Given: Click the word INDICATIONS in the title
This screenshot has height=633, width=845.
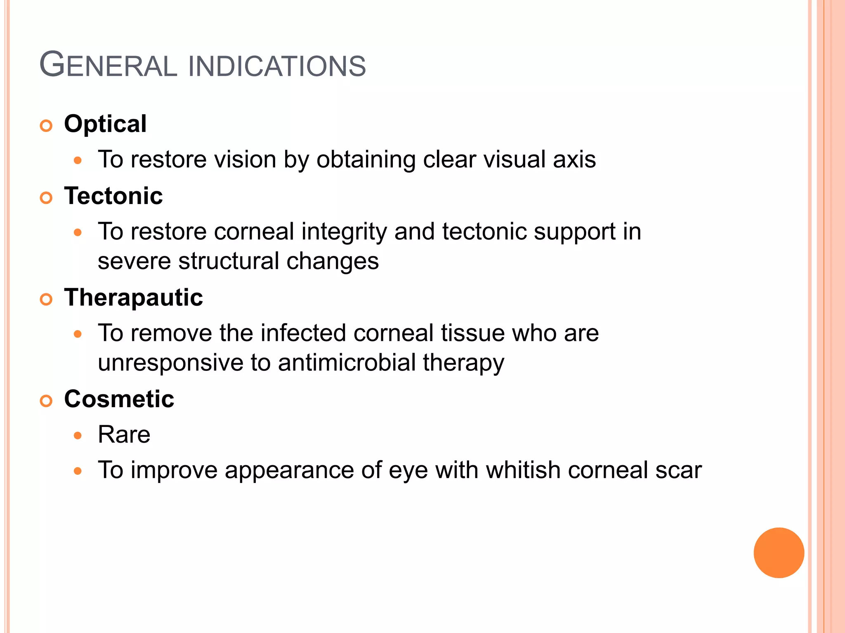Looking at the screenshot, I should (277, 66).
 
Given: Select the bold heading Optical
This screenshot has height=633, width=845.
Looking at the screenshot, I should (105, 124).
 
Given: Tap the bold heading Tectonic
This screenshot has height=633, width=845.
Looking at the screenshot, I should (113, 196).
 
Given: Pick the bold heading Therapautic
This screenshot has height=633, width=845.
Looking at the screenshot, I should (133, 298).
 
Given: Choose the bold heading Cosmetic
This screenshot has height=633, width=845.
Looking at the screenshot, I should (119, 399).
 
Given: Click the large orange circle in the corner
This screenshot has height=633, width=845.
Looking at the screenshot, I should (779, 553).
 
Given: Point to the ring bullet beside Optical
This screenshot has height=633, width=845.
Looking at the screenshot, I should (46, 126).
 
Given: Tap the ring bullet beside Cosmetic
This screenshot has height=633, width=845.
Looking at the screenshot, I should (46, 401).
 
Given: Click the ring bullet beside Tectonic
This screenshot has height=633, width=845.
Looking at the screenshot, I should (46, 198).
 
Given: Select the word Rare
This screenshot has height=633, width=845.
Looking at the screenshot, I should (124, 434).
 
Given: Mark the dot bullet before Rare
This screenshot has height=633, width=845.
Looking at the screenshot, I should (78, 436).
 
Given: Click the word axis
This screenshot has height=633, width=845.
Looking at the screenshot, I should (574, 159).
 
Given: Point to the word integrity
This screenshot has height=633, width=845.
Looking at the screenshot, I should (344, 232).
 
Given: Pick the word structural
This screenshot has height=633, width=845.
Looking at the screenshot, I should (229, 261).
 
